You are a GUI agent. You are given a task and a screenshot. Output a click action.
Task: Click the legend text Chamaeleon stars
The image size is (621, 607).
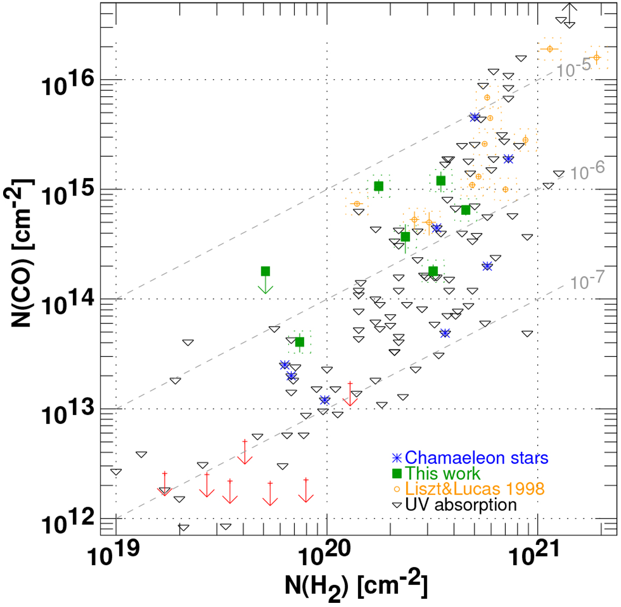[476, 458]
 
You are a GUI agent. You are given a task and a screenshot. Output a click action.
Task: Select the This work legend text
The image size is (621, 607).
[442, 473]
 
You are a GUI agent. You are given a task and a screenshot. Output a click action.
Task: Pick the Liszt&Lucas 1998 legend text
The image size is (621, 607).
[475, 488]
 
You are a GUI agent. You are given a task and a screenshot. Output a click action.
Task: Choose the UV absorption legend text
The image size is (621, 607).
[461, 505]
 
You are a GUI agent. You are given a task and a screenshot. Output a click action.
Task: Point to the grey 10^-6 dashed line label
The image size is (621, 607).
[587, 171]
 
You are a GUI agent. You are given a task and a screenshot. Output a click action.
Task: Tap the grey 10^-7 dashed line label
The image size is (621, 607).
[587, 282]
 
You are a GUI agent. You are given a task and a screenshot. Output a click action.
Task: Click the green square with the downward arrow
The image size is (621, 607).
[265, 271]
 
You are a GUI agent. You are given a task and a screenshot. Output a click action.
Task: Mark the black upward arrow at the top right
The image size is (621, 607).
[569, 11]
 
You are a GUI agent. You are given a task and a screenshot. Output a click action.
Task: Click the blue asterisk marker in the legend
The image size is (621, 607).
[397, 458]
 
